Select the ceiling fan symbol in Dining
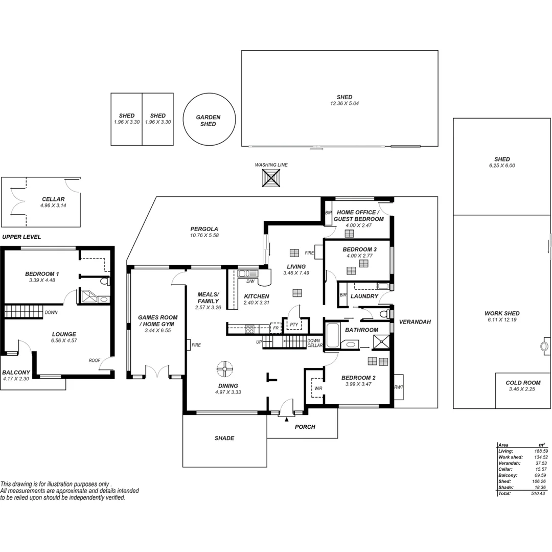pyautogui.click(x=224, y=368)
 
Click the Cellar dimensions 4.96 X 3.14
pyautogui.click(x=53, y=205)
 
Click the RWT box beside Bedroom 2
pyautogui.click(x=398, y=387)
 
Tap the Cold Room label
pyautogui.click(x=523, y=383)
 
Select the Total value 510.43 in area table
pyautogui.click(x=537, y=494)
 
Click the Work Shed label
pyautogui.click(x=502, y=313)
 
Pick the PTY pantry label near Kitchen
pyautogui.click(x=293, y=325)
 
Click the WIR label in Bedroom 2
pyautogui.click(x=318, y=388)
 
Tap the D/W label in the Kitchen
pyautogui.click(x=250, y=282)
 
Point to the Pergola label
pyautogui.click(x=204, y=229)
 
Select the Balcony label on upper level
pyautogui.click(x=16, y=372)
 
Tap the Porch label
pyautogui.click(x=306, y=427)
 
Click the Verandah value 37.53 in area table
pyautogui.click(x=537, y=463)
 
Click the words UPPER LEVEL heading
pyautogui.click(x=21, y=237)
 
